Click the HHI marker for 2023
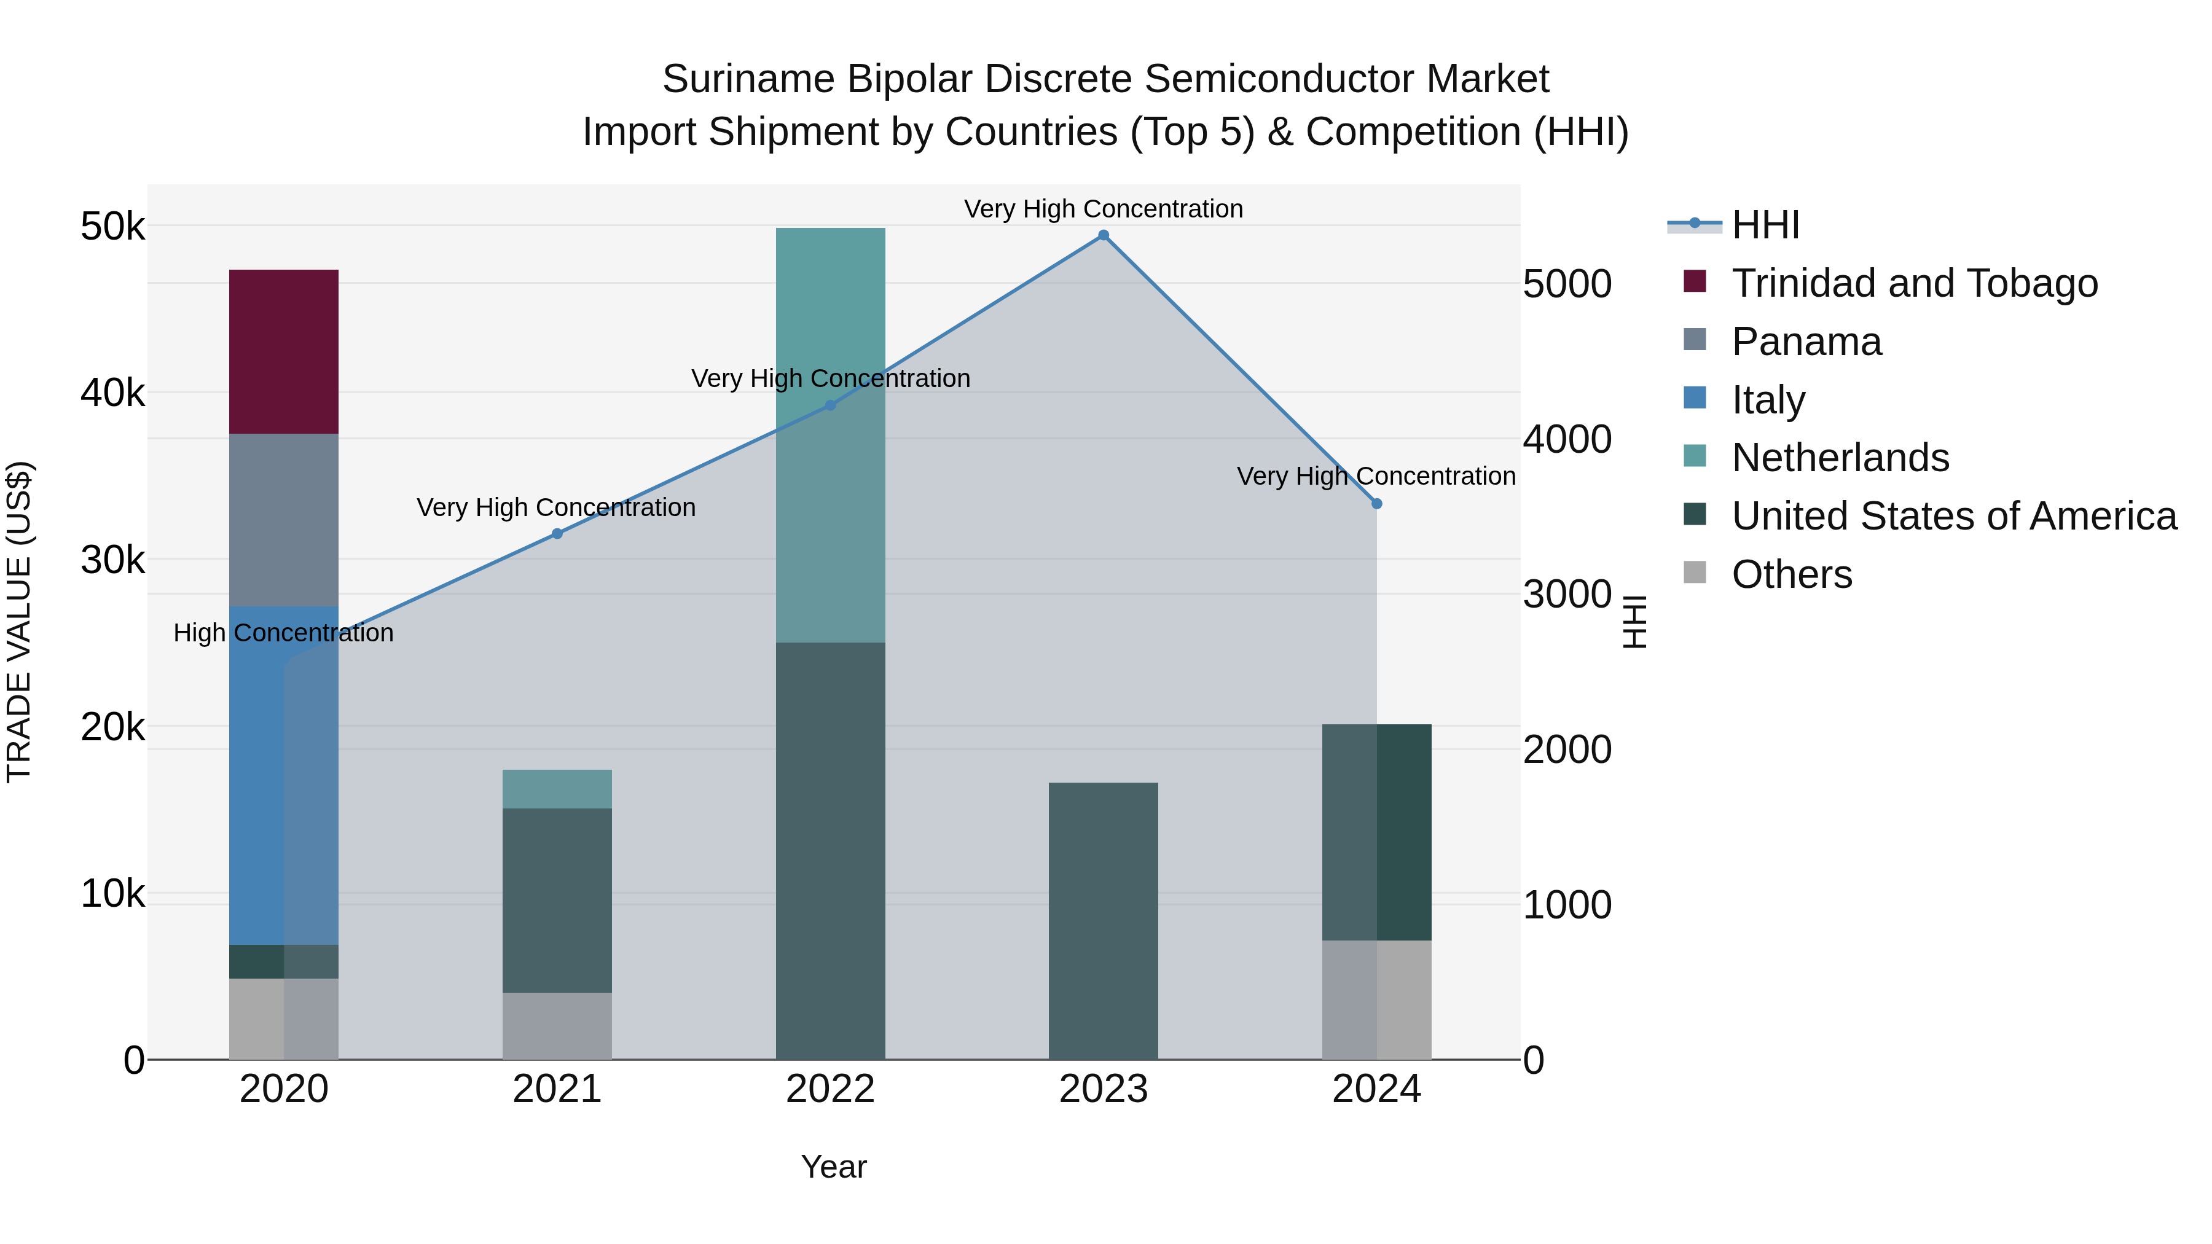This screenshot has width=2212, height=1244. pos(1104,235)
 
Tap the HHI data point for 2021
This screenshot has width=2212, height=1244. pos(557,533)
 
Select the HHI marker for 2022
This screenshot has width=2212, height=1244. pos(830,405)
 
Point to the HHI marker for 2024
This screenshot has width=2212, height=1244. pos(1376,504)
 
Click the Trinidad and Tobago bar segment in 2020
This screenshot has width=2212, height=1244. pos(283,352)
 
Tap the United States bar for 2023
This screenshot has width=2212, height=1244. pos(1104,920)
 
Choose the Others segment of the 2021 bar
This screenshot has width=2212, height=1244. pos(557,1026)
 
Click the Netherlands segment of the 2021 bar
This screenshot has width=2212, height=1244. pos(557,789)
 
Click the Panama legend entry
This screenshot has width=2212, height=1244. pos(1806,342)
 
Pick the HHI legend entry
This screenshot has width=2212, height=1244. pos(1765,225)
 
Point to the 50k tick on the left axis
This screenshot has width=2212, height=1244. pos(112,227)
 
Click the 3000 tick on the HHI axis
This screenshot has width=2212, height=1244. pos(1567,594)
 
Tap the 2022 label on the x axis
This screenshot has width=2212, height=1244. pos(830,1089)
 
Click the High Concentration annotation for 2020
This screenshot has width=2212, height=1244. pos(283,633)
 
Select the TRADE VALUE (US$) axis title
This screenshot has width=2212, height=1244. pos(19,622)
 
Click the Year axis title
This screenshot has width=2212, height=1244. pos(834,1167)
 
